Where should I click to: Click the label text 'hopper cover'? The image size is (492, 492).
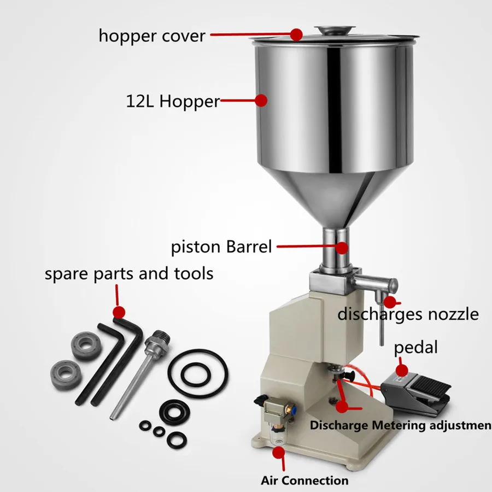[151, 36]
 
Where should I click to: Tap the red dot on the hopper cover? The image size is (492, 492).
[296, 34]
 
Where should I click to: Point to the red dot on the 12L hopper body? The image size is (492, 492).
[261, 100]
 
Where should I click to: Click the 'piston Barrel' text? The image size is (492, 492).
[221, 247]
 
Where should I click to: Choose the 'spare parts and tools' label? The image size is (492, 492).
[129, 273]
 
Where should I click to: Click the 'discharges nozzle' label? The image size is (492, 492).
[407, 314]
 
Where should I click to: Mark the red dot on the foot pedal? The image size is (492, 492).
[401, 370]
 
